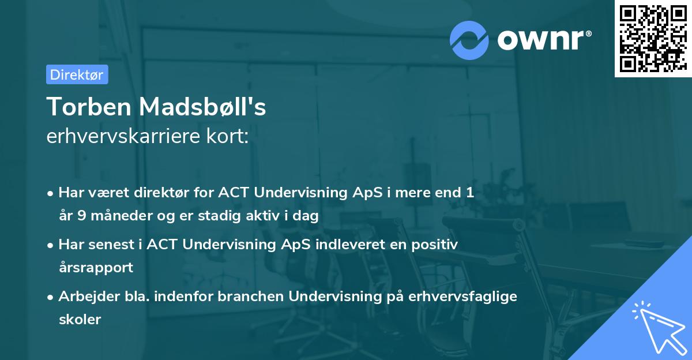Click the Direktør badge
tap(77, 74)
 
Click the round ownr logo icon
tap(469, 40)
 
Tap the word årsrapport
tap(96, 267)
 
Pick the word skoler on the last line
tap(80, 319)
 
